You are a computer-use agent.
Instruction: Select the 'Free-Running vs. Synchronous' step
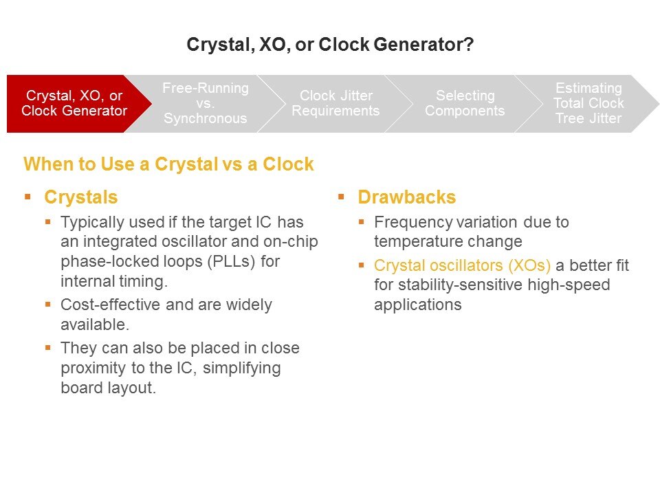206,104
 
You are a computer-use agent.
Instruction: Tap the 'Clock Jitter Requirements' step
335,104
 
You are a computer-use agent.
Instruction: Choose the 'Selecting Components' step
465,104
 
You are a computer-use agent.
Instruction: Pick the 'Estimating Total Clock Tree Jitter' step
588,104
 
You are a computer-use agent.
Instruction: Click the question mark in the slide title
469,44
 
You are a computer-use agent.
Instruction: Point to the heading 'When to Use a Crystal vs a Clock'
168,164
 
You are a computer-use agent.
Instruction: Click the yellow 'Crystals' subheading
81,197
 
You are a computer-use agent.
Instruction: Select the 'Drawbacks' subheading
406,197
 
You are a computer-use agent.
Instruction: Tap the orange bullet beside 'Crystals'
27,197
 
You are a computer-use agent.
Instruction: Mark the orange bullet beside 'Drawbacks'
342,197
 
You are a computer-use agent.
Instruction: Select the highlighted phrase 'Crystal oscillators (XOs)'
462,265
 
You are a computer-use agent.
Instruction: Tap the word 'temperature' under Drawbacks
427,242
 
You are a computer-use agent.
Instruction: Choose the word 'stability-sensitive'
460,285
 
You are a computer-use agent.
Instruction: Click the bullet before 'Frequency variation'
361,221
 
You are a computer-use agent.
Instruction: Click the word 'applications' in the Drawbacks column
417,305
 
